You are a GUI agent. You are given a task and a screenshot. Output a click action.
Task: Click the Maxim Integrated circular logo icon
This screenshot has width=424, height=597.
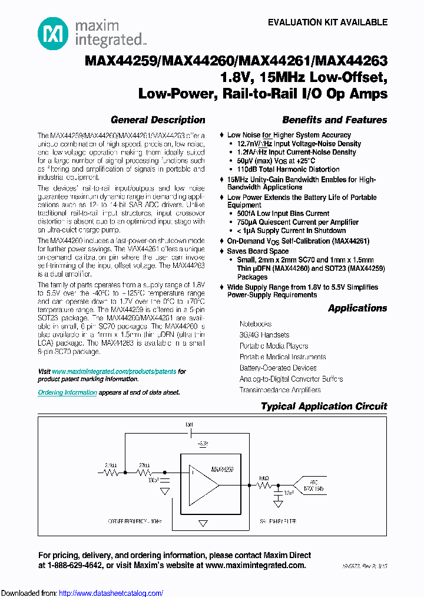53,33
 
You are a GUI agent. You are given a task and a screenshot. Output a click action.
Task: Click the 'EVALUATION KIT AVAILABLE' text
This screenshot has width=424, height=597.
327,22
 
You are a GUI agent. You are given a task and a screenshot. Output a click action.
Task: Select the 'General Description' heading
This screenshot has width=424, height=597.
158,120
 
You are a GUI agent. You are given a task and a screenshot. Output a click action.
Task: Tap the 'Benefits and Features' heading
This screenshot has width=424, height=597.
334,120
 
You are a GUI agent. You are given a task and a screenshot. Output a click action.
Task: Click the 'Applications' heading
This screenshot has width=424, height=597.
357,308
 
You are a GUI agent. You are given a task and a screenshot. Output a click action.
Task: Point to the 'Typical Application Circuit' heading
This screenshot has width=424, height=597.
324,406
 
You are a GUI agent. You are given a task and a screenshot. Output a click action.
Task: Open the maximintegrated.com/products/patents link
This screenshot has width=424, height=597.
114,372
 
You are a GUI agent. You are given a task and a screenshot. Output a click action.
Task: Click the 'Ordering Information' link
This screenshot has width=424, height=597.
67,392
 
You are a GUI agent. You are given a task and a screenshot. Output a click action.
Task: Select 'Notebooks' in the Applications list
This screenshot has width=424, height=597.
255,324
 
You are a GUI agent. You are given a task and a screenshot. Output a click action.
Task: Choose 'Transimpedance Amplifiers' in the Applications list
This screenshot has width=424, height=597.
280,390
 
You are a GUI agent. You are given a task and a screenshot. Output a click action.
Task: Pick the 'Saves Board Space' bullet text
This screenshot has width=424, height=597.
258,251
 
